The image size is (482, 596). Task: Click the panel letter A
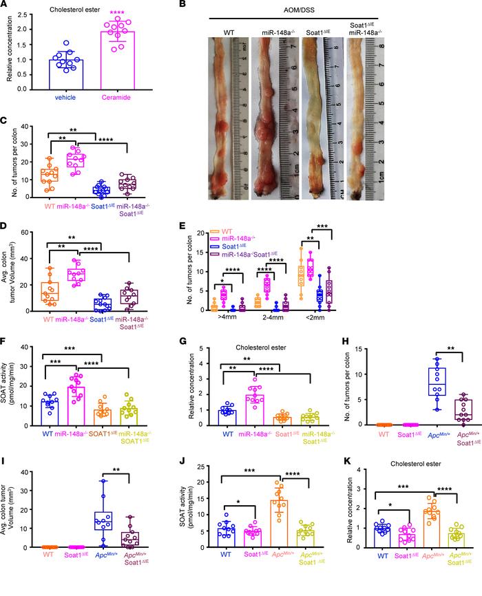tap(6, 6)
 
